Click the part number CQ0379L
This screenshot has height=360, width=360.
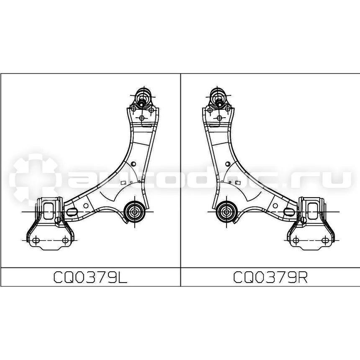click(90, 277)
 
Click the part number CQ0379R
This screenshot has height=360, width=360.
click(270, 277)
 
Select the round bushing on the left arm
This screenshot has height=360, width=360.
click(134, 211)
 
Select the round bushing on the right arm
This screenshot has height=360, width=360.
click(226, 211)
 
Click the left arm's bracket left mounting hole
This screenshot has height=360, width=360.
click(36, 240)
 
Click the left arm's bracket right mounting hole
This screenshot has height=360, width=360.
click(65, 240)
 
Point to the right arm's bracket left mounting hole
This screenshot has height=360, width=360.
click(296, 240)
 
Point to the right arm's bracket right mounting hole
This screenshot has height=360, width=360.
click(325, 240)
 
